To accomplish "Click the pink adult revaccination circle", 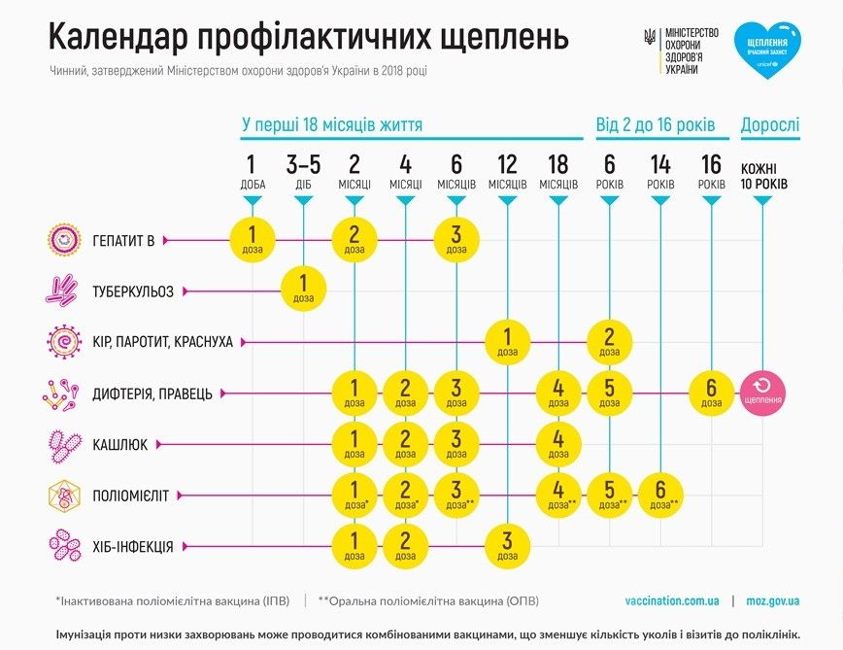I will [763, 393].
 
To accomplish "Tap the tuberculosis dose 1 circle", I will [304, 290].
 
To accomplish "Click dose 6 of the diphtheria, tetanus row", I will [712, 393].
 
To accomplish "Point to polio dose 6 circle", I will [660, 496].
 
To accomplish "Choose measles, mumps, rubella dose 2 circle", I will [609, 341].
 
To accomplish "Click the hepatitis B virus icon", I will [62, 239].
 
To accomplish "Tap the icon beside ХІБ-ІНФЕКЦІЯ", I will [62, 546].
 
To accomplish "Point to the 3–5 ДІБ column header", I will [304, 170].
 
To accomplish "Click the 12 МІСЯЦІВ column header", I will [507, 170].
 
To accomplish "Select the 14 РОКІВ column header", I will [660, 170].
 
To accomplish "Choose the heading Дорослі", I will [770, 124].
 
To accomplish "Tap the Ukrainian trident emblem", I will [650, 38].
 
